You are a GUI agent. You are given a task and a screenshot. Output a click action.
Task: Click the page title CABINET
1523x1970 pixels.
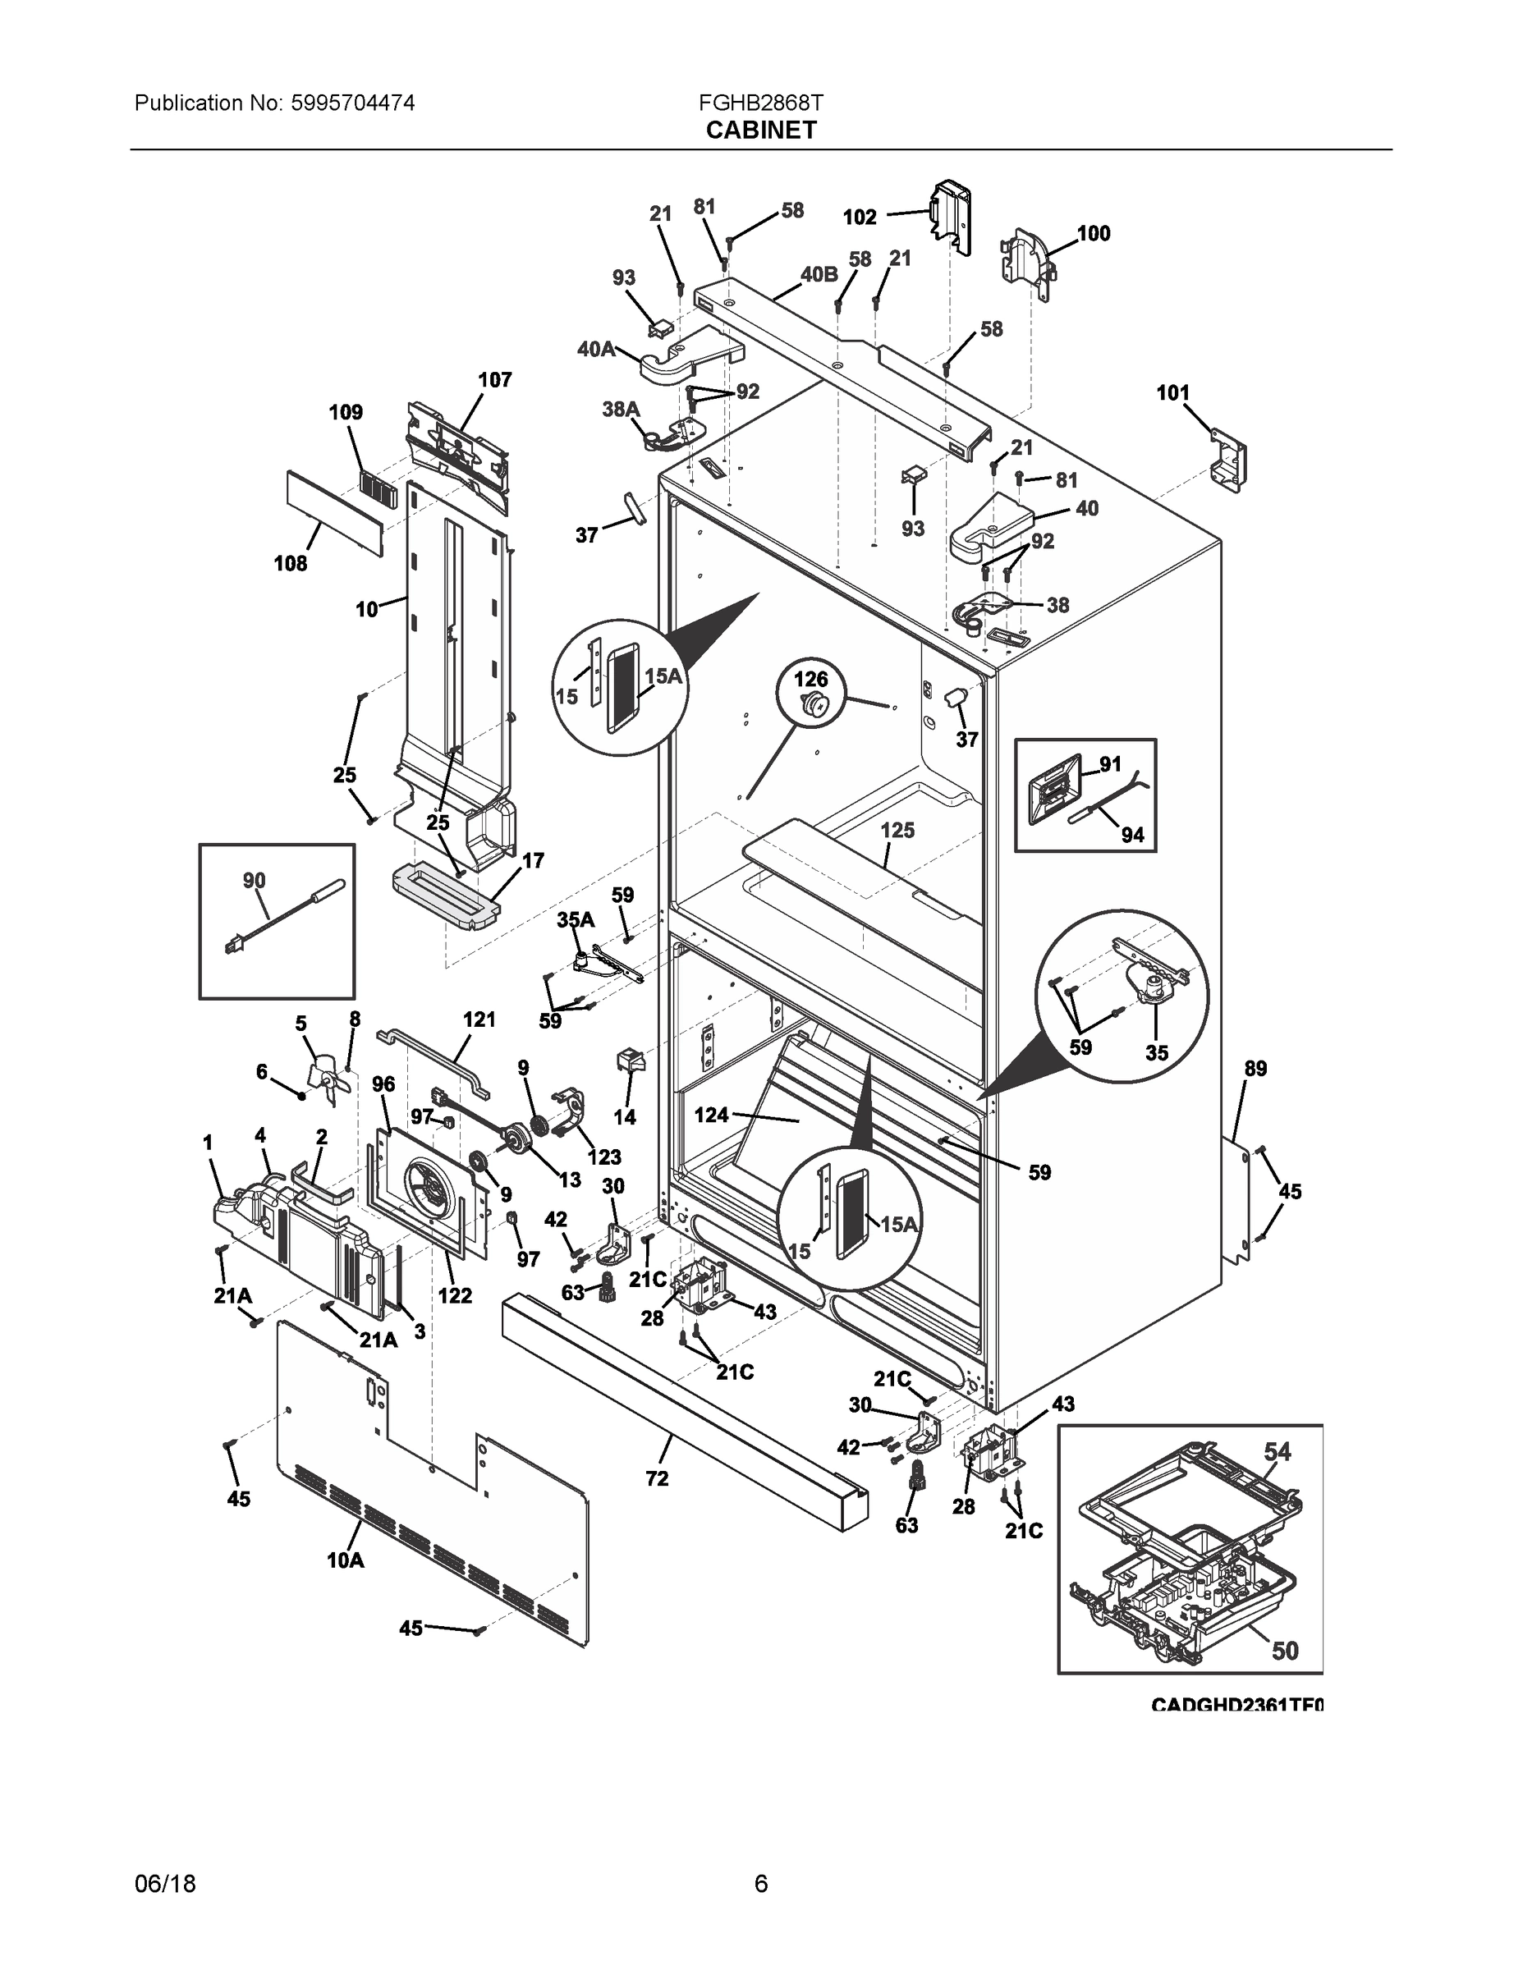point(760,131)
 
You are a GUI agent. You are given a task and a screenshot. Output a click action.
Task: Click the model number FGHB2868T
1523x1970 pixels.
point(759,103)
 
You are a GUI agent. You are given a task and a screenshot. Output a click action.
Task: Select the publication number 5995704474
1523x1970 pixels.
point(353,103)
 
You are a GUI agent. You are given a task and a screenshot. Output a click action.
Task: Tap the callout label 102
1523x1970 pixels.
point(859,218)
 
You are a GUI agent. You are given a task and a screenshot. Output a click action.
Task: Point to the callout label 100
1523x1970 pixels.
point(1094,234)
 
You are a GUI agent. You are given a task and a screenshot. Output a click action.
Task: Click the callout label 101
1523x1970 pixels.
point(1173,393)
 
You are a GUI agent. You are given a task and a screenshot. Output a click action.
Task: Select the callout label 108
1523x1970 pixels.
point(291,564)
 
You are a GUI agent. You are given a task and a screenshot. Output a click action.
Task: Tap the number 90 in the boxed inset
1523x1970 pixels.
point(254,881)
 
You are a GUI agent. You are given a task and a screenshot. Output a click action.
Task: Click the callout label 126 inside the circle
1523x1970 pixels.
point(810,678)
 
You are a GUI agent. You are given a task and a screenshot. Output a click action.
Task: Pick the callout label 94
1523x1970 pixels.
point(1132,836)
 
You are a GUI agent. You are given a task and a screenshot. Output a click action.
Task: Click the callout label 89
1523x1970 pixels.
point(1255,1069)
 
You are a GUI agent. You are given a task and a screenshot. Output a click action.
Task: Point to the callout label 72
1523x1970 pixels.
point(657,1478)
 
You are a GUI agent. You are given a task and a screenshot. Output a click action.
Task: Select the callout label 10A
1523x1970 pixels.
point(346,1560)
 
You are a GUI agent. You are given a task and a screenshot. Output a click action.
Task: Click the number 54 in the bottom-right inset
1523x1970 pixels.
point(1277,1451)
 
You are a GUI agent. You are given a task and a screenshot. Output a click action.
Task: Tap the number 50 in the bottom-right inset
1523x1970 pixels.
point(1285,1651)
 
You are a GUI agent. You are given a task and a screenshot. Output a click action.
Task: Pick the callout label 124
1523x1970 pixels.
point(711,1116)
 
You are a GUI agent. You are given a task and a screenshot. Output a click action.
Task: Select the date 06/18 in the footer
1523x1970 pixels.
point(165,1884)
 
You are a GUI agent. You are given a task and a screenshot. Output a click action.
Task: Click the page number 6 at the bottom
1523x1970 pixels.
point(760,1884)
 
